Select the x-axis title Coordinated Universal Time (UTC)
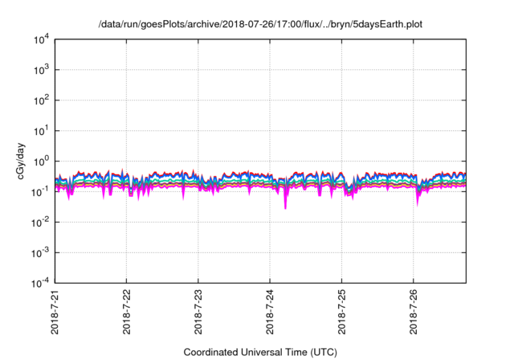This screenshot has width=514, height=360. point(260,352)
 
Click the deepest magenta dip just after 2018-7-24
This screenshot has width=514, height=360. point(285,208)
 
